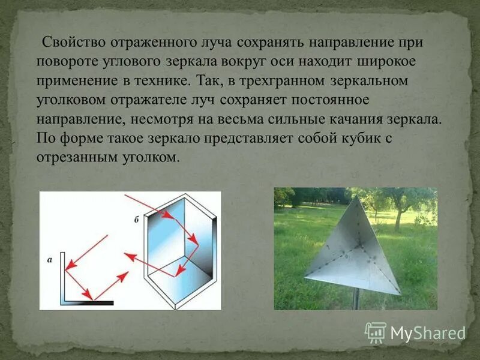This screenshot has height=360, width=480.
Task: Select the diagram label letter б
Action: pos(136,220)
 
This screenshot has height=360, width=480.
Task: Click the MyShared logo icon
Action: pos(376,332)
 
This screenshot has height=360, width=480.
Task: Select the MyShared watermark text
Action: pos(427,332)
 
